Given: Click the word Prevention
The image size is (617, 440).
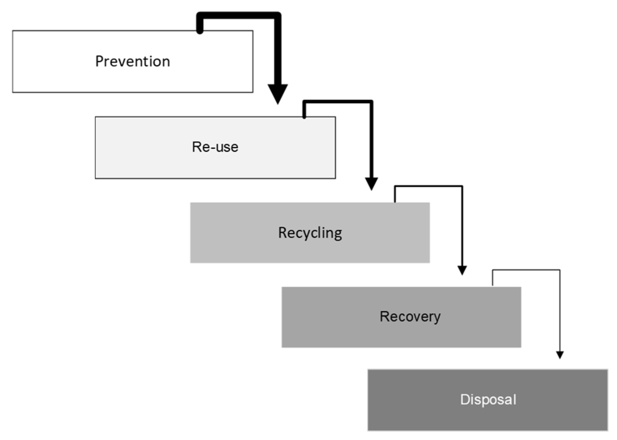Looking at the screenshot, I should pyautogui.click(x=132, y=61).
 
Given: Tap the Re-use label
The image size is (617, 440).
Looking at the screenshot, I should pyautogui.click(x=215, y=147).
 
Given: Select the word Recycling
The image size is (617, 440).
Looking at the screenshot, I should pyautogui.click(x=310, y=233).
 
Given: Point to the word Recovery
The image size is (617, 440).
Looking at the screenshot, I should pyautogui.click(x=410, y=316).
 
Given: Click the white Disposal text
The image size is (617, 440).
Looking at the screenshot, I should pyautogui.click(x=488, y=399).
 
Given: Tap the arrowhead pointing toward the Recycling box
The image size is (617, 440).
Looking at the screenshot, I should pyautogui.click(x=371, y=184).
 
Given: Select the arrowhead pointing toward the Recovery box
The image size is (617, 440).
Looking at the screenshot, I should pyautogui.click(x=462, y=270).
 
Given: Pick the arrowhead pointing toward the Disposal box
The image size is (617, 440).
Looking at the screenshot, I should pyautogui.click(x=560, y=355).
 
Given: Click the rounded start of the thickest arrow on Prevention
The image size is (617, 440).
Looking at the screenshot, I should pyautogui.click(x=200, y=30).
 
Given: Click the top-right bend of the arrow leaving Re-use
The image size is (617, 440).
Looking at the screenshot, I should pyautogui.click(x=371, y=102).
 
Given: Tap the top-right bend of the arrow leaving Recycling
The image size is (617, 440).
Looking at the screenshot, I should pyautogui.click(x=462, y=186).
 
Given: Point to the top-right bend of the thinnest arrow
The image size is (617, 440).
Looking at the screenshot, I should pyautogui.click(x=560, y=270).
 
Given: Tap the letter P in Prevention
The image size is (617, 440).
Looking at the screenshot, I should pyautogui.click(x=99, y=61).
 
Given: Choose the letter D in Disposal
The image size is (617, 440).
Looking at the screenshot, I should pyautogui.click(x=464, y=399).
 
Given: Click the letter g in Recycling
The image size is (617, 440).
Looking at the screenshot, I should pyautogui.click(x=338, y=234).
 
